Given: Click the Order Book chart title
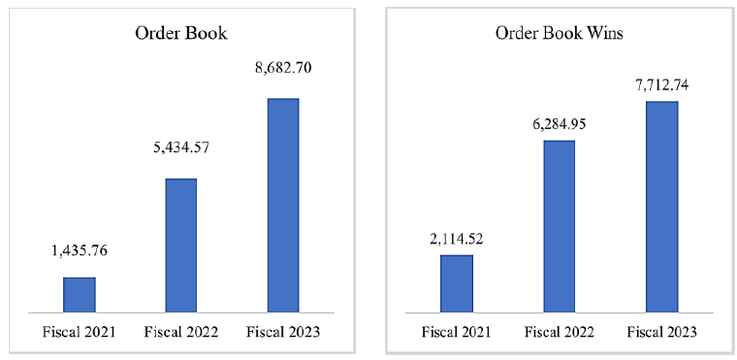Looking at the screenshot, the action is [181, 34].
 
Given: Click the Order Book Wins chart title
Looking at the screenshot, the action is [559, 34].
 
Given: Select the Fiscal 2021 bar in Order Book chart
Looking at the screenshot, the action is [80, 295].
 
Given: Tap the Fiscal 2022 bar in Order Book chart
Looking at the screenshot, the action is [181, 245].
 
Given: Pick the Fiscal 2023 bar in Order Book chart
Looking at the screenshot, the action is [283, 206].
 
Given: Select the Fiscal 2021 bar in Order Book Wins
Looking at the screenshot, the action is [457, 283].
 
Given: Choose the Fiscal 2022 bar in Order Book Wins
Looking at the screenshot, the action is [559, 226].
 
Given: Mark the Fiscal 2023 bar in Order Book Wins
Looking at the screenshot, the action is [661, 207].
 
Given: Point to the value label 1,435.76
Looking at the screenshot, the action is [80, 250].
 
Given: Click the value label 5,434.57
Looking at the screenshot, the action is [181, 147].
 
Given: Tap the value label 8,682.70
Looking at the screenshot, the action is [283, 68].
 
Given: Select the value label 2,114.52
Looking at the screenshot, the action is [457, 239].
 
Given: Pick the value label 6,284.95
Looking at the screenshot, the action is [559, 125].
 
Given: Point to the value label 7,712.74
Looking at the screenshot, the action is [661, 86].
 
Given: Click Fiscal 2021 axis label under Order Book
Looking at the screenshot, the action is [79, 332].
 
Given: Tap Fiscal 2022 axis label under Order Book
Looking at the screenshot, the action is [181, 332].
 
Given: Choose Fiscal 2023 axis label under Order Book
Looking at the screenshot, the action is [283, 332].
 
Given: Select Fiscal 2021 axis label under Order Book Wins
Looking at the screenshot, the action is [457, 332].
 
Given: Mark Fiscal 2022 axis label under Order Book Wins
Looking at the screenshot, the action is [559, 332].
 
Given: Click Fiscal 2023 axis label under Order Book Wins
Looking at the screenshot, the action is [661, 332].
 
